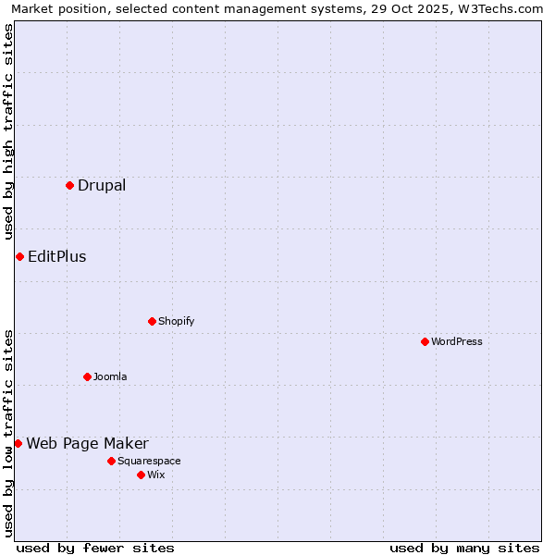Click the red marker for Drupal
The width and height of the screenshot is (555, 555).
[69, 185]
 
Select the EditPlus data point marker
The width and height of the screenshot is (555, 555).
[19, 256]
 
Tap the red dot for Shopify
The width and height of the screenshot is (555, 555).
[152, 321]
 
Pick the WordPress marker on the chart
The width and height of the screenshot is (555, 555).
[425, 341]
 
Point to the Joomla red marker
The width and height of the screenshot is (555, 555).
[87, 376]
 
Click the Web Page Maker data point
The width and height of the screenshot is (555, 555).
[18, 443]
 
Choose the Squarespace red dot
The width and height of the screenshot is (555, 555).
[111, 461]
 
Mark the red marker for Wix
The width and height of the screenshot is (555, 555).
[141, 475]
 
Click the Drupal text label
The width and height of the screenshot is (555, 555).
[102, 185]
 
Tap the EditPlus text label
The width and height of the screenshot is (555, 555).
[57, 256]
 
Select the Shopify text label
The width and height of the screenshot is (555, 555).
[176, 321]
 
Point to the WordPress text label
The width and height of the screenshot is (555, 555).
[457, 341]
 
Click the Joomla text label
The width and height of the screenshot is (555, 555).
[110, 376]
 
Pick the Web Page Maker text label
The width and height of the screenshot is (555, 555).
[87, 443]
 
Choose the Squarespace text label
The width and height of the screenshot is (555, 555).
[149, 461]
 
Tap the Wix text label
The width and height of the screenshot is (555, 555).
[156, 475]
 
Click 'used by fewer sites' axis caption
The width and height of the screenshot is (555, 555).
[95, 548]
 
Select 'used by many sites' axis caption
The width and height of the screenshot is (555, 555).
[464, 548]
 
